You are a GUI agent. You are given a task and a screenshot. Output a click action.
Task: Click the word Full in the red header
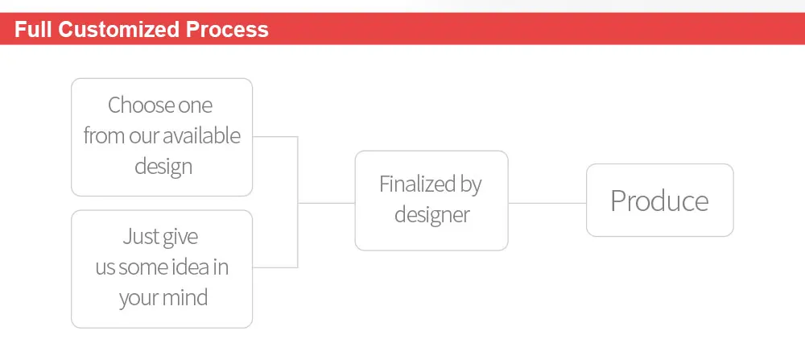pyautogui.click(x=33, y=29)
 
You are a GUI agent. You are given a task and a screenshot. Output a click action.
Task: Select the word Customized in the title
pyautogui.click(x=118, y=29)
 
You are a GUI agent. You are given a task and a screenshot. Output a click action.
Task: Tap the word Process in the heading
pyautogui.click(x=227, y=29)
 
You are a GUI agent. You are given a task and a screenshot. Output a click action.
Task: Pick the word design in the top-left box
pyautogui.click(x=163, y=167)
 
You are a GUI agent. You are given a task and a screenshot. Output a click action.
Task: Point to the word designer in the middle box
pyautogui.click(x=431, y=215)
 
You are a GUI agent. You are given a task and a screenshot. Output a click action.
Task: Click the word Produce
pyautogui.click(x=659, y=201)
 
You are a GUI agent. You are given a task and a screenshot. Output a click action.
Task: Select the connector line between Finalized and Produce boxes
pyautogui.click(x=547, y=203)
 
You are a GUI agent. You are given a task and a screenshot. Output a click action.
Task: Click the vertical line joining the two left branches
pyautogui.click(x=298, y=202)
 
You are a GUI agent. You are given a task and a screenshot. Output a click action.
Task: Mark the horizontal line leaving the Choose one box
pyautogui.click(x=275, y=137)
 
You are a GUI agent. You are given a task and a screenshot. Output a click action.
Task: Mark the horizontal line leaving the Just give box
pyautogui.click(x=275, y=267)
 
